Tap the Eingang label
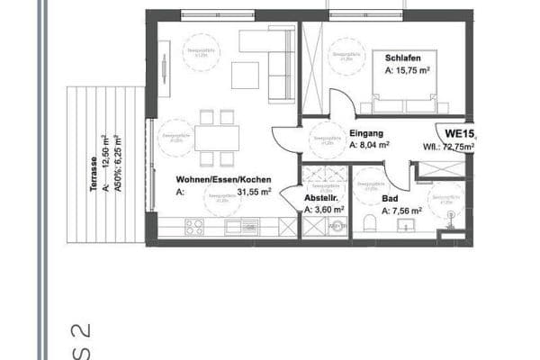(364, 130)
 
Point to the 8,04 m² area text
(369, 144)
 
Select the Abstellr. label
(322, 198)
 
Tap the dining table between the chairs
(217, 138)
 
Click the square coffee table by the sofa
(245, 75)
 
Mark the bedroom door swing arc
(342, 101)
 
